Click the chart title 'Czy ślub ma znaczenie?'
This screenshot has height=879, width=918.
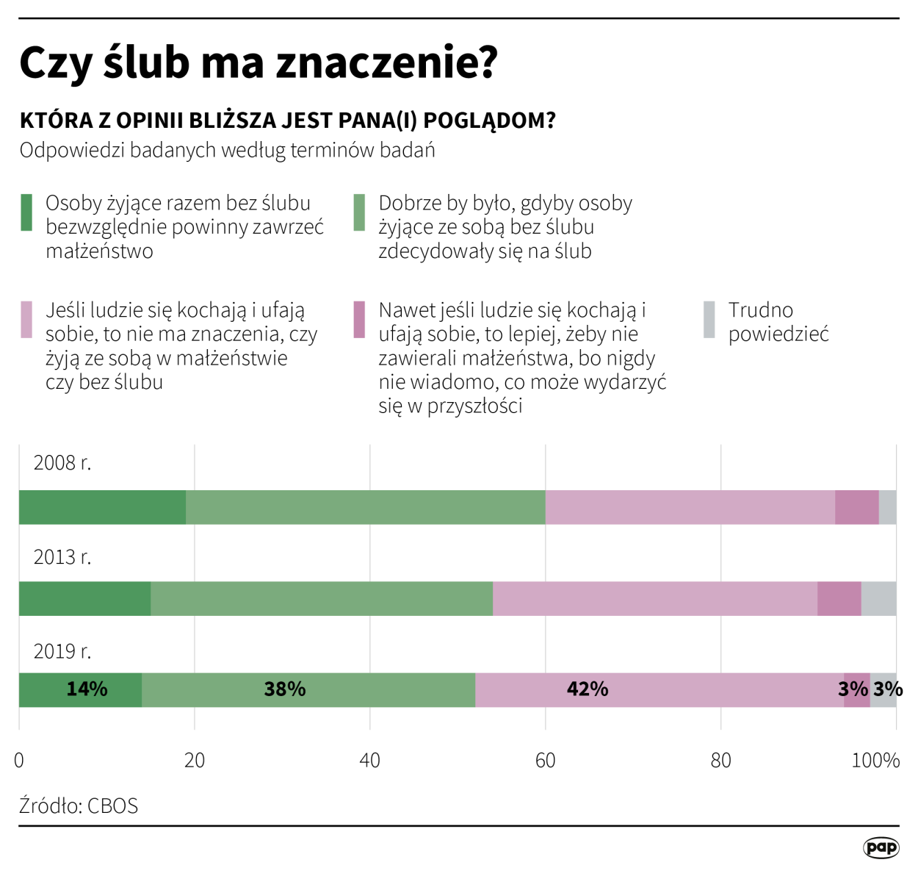pos(259,62)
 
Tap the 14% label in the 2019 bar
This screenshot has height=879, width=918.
pos(87,689)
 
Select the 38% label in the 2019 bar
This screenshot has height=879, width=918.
pos(285,689)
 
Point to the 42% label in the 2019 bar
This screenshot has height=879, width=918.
pos(588,689)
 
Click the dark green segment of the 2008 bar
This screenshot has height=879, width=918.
pos(102,507)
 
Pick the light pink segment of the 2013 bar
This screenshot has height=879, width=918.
pos(655,598)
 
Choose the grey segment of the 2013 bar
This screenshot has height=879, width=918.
pos(878,598)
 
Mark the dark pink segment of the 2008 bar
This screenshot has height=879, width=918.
pos(857,507)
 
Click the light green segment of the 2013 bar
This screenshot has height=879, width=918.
pos(322,598)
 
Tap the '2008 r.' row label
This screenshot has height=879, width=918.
pos(62,463)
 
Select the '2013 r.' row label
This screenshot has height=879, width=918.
pos(62,557)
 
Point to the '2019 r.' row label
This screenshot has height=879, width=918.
pos(62,651)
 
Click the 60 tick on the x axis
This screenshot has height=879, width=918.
pos(545,760)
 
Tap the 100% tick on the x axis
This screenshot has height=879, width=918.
pos(875,760)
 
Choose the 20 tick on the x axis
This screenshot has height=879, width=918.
pos(195,760)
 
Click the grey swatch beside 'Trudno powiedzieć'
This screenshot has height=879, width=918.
pos(709,320)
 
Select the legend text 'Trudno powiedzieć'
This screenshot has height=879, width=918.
pos(778,322)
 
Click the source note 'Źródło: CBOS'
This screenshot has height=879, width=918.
pos(79,806)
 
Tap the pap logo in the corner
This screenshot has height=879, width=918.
pos(881,847)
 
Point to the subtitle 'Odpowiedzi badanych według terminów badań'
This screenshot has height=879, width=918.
pos(227,150)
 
